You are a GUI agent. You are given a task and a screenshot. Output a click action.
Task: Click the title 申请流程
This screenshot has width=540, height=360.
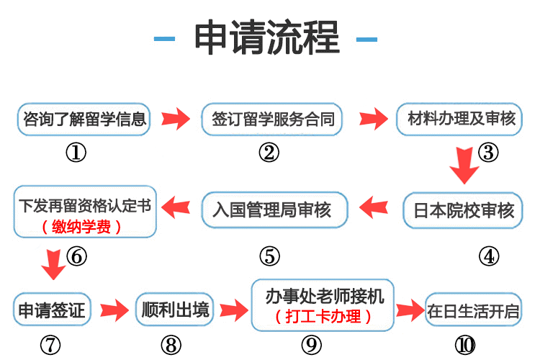pyautogui.click(x=267, y=38)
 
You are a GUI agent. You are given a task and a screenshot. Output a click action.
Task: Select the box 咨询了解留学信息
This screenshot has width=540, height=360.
pyautogui.click(x=85, y=120)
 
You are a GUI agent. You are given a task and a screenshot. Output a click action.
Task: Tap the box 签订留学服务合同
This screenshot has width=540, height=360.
pyautogui.click(x=273, y=120)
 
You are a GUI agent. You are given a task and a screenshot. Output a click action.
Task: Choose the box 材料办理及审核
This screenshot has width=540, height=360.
pyautogui.click(x=460, y=120)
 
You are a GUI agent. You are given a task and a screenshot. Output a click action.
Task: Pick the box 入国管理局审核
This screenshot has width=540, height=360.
pyautogui.click(x=272, y=210)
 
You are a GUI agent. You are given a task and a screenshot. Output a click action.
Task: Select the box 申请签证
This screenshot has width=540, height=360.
pyautogui.click(x=50, y=310)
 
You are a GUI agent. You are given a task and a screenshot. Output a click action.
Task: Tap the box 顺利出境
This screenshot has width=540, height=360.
pyautogui.click(x=174, y=310)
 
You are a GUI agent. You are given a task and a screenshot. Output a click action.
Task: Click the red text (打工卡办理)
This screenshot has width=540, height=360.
pyautogui.click(x=324, y=317)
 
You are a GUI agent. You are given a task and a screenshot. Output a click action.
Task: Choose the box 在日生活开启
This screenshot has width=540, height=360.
pyautogui.click(x=473, y=312)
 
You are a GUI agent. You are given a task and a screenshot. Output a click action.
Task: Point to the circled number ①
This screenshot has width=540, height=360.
pyautogui.click(x=76, y=153)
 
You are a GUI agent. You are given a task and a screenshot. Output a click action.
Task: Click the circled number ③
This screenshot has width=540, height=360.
pyautogui.click(x=488, y=153)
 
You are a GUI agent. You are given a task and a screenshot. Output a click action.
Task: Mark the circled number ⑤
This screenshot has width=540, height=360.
pyautogui.click(x=269, y=256)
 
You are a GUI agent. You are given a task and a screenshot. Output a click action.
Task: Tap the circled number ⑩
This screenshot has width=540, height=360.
pyautogui.click(x=466, y=345)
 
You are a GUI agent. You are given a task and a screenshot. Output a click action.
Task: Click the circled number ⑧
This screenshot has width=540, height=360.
pyautogui.click(x=171, y=345)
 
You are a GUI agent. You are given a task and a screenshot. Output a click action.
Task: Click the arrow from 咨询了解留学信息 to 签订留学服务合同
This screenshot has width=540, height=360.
pyautogui.click(x=175, y=119)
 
